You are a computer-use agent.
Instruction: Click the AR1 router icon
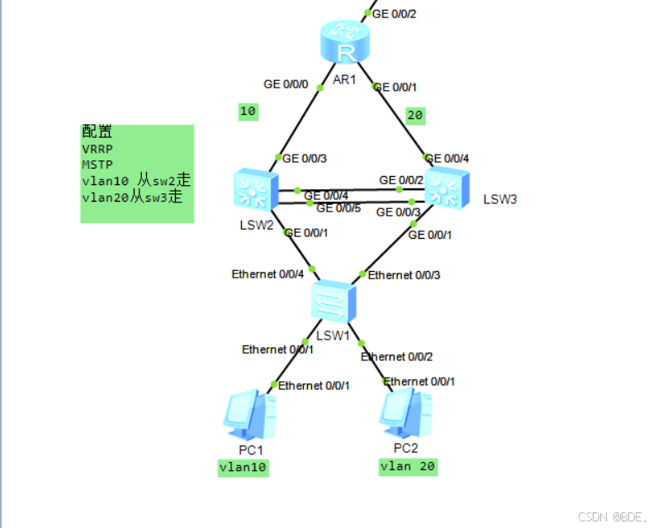[x=344, y=43]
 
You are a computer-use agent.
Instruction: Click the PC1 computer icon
[x=249, y=416]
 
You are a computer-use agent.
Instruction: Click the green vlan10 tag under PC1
[x=244, y=468]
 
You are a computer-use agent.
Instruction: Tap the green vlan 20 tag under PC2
[x=407, y=467]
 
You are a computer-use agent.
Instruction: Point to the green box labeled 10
[x=248, y=112]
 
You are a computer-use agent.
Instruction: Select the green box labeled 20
[x=415, y=116]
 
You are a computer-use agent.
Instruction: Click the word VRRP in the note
[x=97, y=150]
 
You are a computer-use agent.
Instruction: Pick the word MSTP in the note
[x=97, y=165]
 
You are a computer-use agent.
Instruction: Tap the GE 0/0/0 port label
[x=286, y=84]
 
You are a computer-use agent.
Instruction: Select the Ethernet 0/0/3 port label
[x=404, y=275]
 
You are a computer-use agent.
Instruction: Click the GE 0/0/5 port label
[x=338, y=208]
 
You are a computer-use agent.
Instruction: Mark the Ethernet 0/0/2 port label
[x=397, y=357]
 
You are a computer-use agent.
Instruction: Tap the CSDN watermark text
[x=612, y=516]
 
